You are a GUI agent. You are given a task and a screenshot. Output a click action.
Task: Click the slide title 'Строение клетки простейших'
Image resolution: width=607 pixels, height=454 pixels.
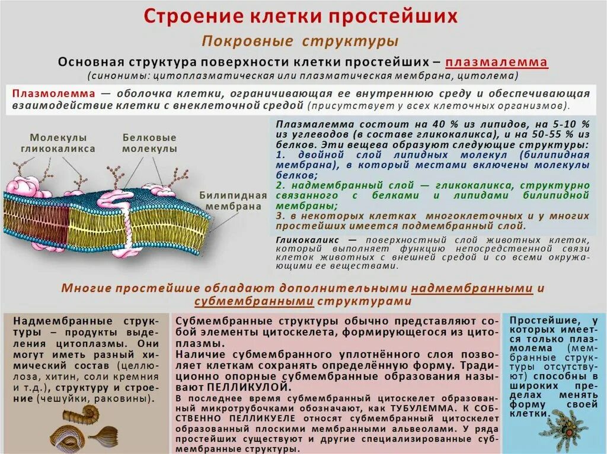302,16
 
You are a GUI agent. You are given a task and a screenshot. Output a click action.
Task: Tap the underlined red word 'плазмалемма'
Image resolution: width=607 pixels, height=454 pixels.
496,63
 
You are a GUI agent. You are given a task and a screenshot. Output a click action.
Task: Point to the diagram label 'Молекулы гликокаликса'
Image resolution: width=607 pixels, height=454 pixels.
58,143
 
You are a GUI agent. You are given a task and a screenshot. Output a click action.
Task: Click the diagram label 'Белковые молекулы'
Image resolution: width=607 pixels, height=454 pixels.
149,143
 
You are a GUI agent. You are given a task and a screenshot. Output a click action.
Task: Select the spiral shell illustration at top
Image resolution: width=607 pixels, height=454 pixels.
90,414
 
